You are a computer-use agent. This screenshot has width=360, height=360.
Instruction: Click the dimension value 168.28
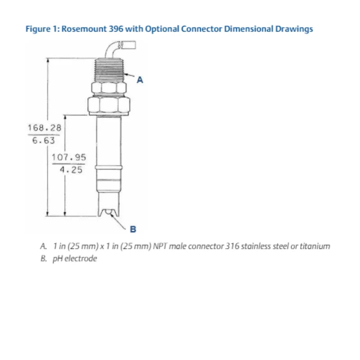coord(44,128)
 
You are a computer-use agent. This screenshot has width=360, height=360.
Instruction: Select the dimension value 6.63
coord(44,140)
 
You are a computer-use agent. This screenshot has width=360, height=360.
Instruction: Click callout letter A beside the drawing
coord(140,80)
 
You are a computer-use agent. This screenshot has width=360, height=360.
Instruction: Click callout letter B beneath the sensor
coord(133,229)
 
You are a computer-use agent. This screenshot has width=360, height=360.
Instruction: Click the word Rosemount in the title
coord(83,29)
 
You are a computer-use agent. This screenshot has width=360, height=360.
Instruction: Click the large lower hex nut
coord(108,106)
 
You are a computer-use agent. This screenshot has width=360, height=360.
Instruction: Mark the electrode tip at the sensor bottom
coord(108,213)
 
